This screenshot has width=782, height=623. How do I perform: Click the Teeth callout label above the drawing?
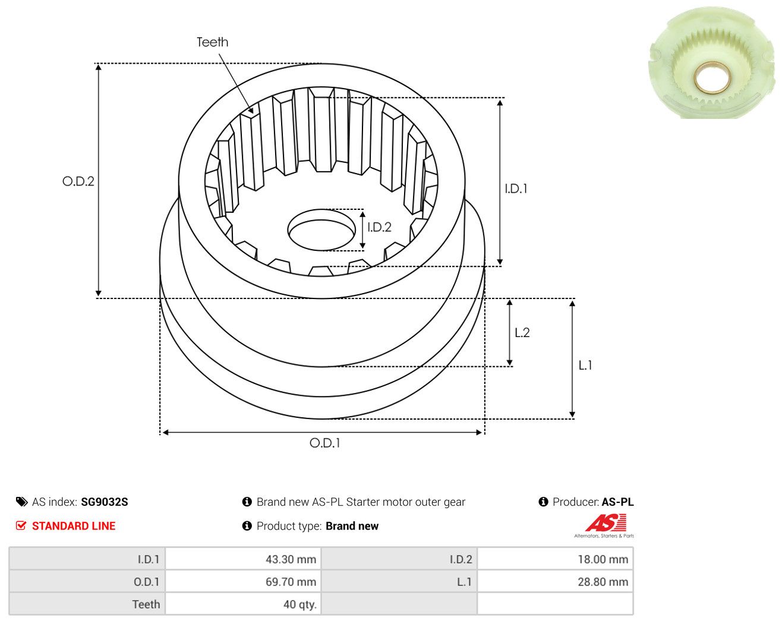212,42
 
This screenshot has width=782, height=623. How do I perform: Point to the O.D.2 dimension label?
78,181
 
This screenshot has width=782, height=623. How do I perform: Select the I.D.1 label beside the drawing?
516,188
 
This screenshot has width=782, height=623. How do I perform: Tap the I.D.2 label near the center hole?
379,227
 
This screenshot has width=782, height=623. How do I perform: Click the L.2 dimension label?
522,332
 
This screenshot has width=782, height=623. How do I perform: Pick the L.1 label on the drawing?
585,365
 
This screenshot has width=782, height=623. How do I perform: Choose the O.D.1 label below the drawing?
325,443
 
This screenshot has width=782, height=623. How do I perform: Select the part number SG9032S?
105,502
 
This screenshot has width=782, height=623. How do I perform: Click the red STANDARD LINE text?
74,526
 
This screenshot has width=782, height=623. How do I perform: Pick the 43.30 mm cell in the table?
243,559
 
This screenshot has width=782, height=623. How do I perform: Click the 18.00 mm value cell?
555,559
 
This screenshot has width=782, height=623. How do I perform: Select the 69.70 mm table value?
243,581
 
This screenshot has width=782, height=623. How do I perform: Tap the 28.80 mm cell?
555,581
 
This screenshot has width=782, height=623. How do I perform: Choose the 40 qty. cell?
243,604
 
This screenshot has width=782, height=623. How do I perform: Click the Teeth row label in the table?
146,605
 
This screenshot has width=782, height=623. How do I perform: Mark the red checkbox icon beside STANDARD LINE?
21,526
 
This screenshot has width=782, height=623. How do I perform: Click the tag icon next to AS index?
22,502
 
